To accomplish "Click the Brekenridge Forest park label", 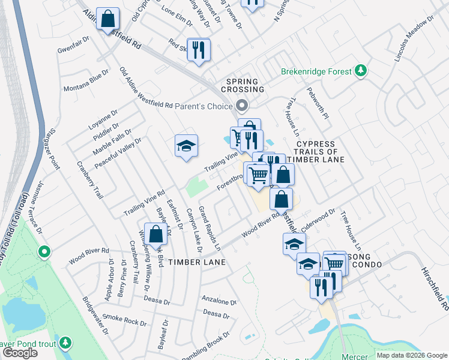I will [x=316, y=71].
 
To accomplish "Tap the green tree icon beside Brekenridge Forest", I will [x=361, y=71].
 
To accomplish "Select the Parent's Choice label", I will [x=203, y=106].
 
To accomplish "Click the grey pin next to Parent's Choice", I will [x=242, y=106].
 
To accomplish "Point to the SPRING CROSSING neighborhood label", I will [x=245, y=85].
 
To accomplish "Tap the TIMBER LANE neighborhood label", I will [x=196, y=262].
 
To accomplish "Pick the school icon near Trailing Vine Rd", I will [x=186, y=146].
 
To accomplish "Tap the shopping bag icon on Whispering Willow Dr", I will [x=156, y=236].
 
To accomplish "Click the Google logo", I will [x=20, y=353].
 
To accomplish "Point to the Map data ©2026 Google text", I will [x=412, y=355].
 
